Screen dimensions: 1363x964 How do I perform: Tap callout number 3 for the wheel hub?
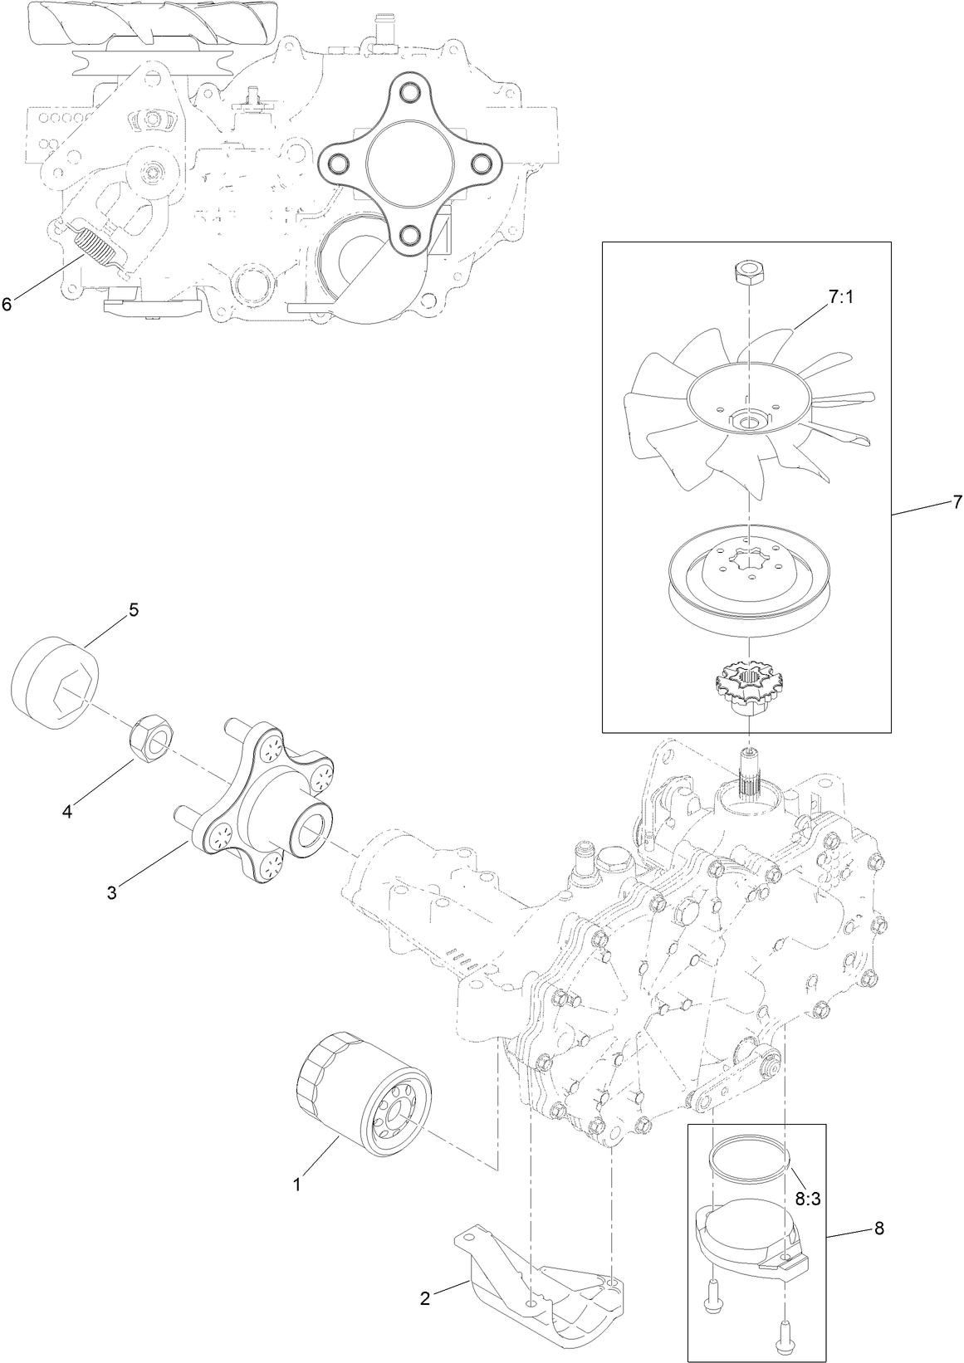click(111, 892)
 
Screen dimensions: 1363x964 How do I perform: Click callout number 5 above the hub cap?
click(133, 610)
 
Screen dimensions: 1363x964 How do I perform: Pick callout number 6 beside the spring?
click(7, 304)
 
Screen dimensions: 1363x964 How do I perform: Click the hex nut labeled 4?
click(152, 735)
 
